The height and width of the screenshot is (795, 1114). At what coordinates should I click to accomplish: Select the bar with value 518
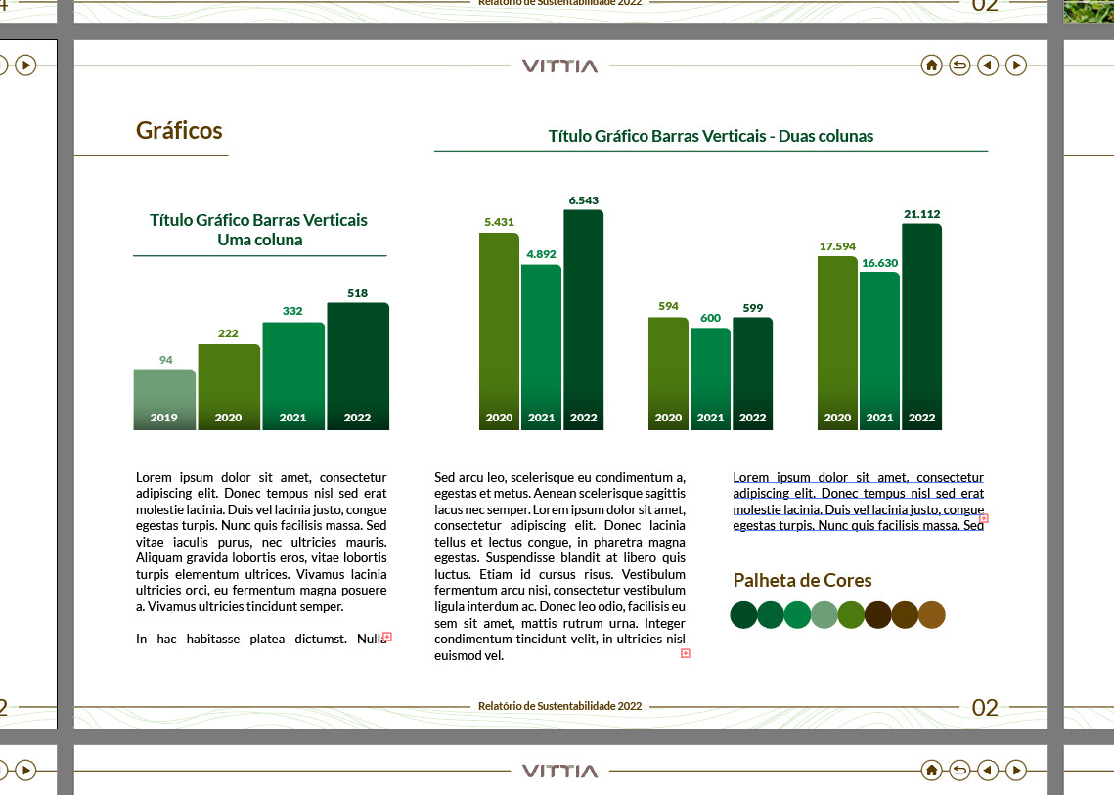point(358,362)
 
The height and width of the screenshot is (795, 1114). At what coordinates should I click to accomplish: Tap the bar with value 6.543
point(583,313)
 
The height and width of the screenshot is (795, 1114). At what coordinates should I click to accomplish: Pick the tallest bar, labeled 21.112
point(921,323)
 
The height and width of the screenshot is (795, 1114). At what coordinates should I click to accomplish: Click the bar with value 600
point(710,372)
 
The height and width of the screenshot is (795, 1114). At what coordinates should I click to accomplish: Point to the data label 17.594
point(837,246)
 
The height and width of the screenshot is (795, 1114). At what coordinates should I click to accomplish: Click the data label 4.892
point(541,254)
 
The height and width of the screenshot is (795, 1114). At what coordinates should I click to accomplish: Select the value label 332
point(292,311)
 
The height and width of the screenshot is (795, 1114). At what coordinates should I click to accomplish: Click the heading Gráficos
point(179,131)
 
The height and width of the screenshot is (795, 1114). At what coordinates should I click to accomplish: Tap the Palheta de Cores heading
point(802,581)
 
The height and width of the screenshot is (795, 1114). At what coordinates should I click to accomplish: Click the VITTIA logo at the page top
point(559,66)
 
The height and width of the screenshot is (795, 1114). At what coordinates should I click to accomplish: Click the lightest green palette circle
point(824,615)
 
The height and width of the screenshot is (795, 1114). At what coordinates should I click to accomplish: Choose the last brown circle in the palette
point(932,615)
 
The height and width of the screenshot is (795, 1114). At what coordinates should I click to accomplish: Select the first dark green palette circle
point(743,615)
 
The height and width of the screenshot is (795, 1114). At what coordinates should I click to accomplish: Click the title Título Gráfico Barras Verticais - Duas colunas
point(710,136)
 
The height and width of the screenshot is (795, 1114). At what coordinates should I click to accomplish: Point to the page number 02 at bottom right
point(985,708)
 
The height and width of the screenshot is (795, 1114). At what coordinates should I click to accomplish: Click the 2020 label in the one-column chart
point(228,418)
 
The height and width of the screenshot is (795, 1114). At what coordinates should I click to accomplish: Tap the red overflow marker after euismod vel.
point(685,653)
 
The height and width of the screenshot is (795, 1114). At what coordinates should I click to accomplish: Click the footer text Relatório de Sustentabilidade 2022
point(559,706)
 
